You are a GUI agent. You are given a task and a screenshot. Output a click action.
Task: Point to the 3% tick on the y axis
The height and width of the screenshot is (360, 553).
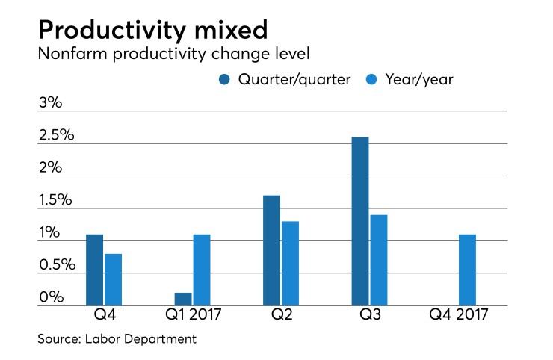click(50, 103)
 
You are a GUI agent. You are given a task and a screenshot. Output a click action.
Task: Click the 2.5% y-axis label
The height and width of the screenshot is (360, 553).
click(57, 135)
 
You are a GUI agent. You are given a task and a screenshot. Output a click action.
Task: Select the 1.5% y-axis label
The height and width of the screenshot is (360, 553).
click(56, 200)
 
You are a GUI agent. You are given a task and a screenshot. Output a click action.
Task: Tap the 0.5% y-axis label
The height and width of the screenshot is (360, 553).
click(57, 265)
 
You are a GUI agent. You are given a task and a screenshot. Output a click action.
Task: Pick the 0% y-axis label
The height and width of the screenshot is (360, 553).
click(50, 297)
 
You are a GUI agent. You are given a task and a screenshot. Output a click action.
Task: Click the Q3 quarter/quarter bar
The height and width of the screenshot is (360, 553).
click(359, 221)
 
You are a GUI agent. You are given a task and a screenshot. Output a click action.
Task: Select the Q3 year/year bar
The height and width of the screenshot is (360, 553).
click(378, 260)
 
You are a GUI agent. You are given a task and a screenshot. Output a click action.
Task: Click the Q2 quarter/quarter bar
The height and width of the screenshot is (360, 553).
click(271, 250)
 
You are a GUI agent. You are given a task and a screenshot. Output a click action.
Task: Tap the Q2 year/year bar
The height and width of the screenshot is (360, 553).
click(290, 263)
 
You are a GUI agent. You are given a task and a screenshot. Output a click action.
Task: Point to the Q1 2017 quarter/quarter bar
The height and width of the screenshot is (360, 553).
click(183, 299)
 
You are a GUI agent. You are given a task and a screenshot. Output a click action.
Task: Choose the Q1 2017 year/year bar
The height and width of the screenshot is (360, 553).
click(202, 270)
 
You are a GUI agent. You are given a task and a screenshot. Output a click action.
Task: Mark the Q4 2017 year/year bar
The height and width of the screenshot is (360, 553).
click(466, 270)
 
